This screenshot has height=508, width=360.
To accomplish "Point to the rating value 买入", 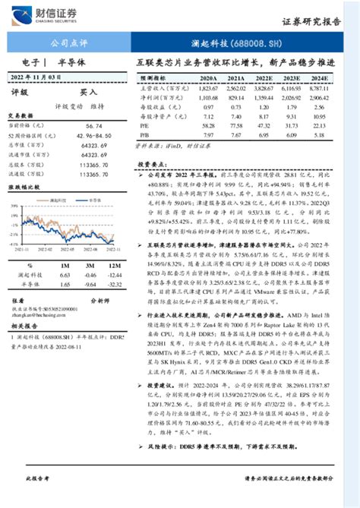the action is click(x=89, y=92).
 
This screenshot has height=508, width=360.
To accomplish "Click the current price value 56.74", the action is click(x=93, y=125).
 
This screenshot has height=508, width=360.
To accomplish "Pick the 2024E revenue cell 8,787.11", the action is click(x=319, y=88).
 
